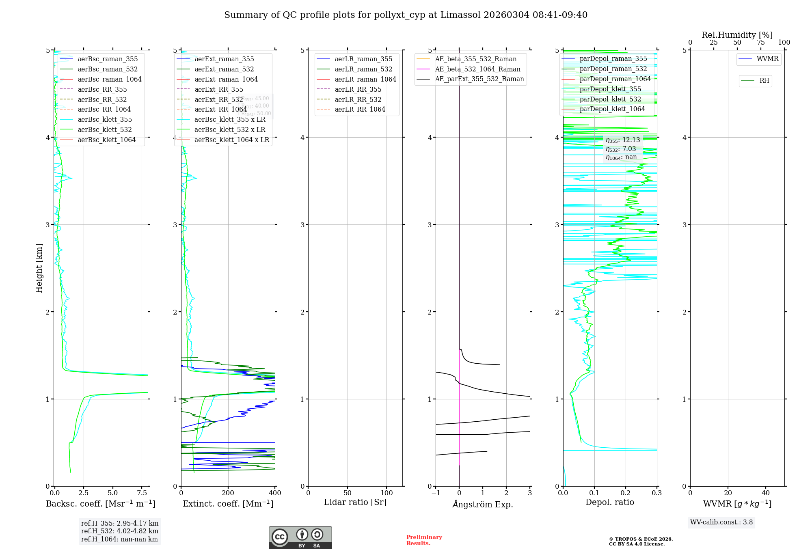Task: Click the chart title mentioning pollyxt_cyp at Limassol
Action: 406,15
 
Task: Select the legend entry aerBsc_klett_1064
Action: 106,140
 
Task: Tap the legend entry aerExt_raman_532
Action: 224,69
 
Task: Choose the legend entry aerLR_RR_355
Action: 358,89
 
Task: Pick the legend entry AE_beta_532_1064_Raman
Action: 477,69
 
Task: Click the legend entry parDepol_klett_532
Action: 610,99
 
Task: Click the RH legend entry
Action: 764,81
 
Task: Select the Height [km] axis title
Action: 39,268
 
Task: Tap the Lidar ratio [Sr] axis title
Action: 355,502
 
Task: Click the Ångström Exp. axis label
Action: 483,504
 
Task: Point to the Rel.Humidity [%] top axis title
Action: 737,35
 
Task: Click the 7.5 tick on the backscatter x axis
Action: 142,493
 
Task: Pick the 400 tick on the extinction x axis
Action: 275,493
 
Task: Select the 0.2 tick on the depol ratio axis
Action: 626,493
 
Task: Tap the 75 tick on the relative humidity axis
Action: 761,43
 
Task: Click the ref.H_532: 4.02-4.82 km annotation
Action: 120,531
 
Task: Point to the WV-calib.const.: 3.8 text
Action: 721,522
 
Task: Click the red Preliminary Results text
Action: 424,540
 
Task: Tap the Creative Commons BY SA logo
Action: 300,538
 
